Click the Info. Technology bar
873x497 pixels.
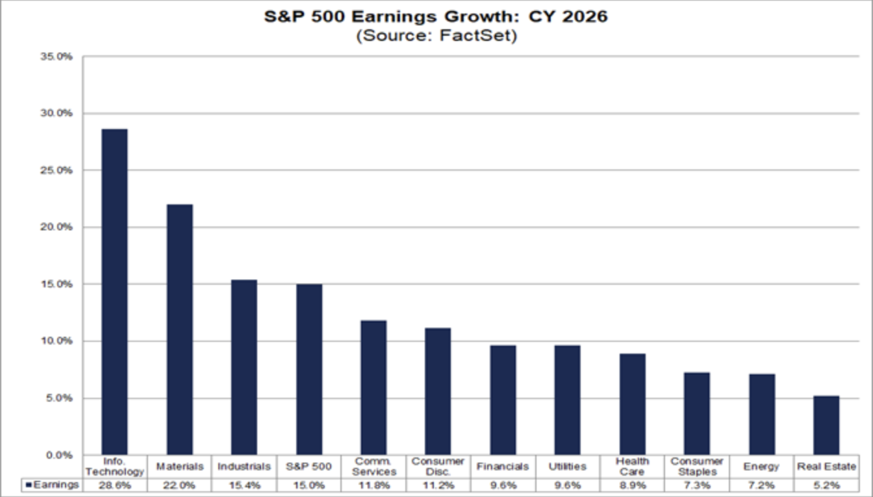(x=114, y=292)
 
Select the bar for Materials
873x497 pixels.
(x=179, y=330)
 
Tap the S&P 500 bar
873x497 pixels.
(x=309, y=369)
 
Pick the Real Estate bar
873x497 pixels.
(x=826, y=425)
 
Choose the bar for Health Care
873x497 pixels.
(x=632, y=404)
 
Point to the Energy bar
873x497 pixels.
(x=761, y=414)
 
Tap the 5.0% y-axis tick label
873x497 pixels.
(x=60, y=398)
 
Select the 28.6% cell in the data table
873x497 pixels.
(x=114, y=485)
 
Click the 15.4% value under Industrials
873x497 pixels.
(x=244, y=485)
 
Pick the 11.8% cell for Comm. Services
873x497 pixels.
(x=373, y=485)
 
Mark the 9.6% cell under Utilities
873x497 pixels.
(x=568, y=485)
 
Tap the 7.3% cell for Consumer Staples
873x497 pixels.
(x=697, y=485)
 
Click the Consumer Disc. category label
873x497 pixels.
(x=438, y=467)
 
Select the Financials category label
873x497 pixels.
(x=503, y=467)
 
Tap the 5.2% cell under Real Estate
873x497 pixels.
(x=826, y=485)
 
